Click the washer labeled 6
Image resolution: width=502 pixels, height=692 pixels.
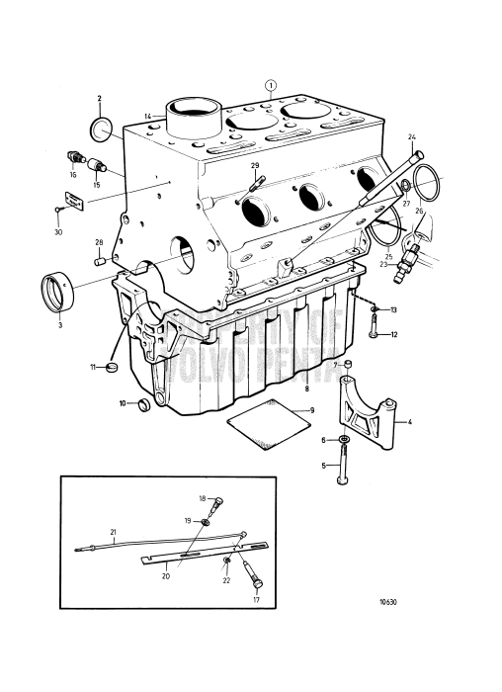pyautogui.click(x=342, y=440)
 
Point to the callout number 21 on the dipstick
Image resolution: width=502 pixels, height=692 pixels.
pyautogui.click(x=113, y=532)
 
